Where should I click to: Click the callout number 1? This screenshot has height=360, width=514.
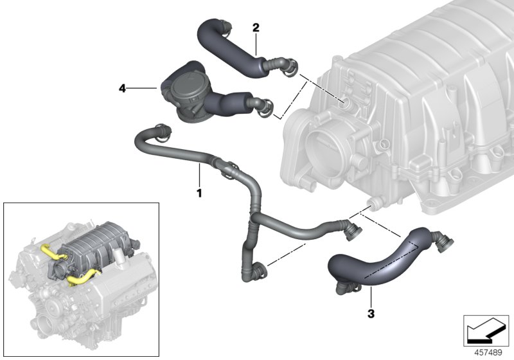199,192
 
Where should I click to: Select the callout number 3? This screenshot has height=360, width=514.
370,314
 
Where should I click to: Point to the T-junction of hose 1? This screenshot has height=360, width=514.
252,220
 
